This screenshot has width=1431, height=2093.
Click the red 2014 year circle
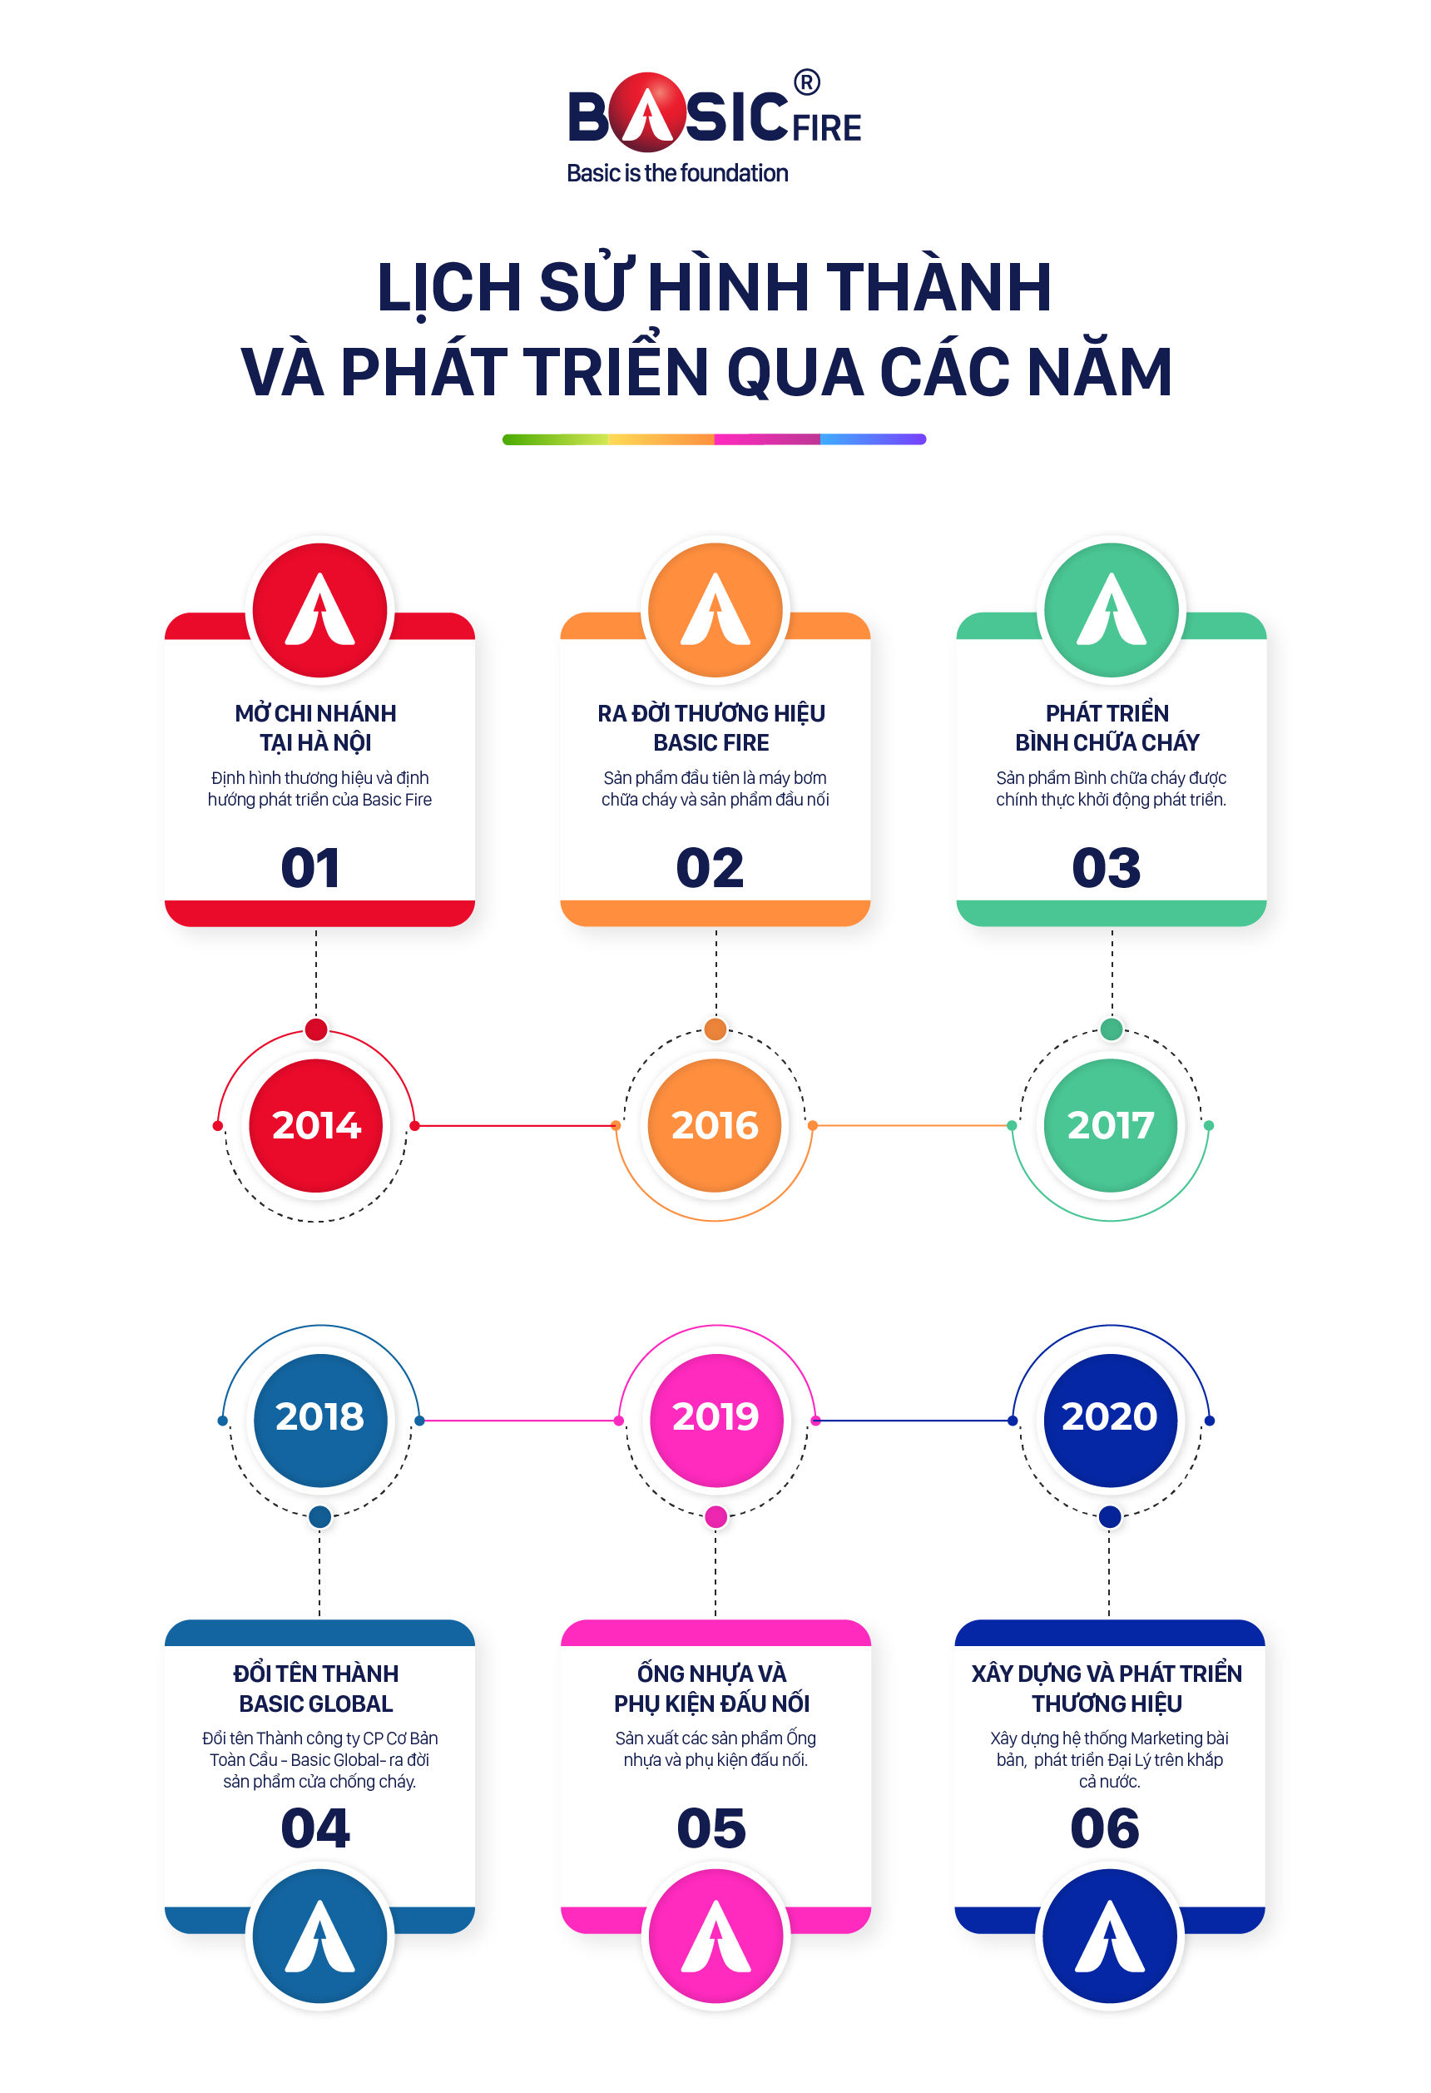click(316, 1125)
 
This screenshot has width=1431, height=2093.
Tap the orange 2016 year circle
click(715, 1125)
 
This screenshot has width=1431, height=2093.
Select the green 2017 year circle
click(1111, 1125)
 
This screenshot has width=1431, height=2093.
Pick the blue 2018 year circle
click(319, 1416)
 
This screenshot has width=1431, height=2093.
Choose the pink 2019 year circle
click(716, 1416)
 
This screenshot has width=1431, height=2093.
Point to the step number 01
click(310, 868)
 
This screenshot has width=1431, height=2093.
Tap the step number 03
click(1106, 868)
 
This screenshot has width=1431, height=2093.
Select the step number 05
click(711, 1828)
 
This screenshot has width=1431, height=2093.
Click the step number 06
click(1105, 1828)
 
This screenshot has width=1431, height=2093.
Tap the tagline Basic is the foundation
click(677, 173)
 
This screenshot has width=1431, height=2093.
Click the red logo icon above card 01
click(319, 610)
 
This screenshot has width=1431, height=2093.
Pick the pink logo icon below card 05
click(716, 1937)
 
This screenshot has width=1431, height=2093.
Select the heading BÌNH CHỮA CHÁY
click(1107, 742)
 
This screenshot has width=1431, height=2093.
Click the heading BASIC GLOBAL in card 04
click(316, 1703)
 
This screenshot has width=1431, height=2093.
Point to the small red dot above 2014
click(316, 1029)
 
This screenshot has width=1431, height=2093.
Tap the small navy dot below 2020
click(1110, 1516)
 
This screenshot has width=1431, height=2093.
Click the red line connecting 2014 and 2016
click(515, 1126)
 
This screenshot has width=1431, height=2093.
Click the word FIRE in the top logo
click(828, 128)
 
